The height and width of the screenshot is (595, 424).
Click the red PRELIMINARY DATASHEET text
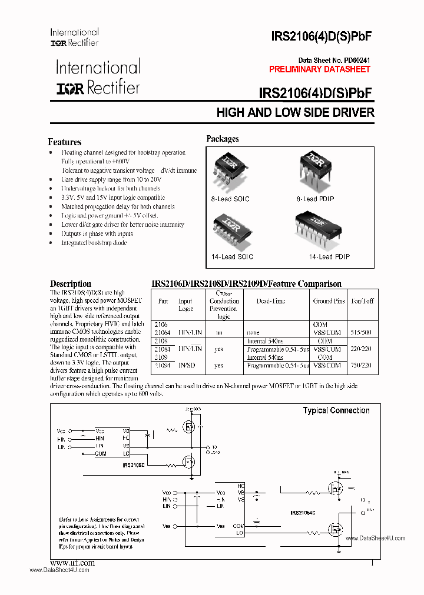pos(320,69)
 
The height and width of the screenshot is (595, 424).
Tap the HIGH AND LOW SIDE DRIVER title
pos(295,112)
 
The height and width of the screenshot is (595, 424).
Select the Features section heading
pos(64,142)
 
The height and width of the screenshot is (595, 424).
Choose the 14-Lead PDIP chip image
pos(317,228)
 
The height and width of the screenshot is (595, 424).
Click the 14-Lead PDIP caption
pos(329,257)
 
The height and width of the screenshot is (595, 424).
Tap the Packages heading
pos(222,139)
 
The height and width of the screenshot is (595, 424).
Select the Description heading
pos(70,284)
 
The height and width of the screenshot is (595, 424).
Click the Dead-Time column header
pos(271,301)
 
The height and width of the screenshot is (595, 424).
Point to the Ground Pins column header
pos(329,301)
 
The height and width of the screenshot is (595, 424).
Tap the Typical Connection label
pos(336,410)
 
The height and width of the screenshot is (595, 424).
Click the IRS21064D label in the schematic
pos(303,513)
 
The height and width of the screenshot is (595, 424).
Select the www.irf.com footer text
pos(72,563)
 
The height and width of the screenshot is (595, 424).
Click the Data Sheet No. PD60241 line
pos(334,60)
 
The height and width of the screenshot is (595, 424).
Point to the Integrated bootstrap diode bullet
pos(94,243)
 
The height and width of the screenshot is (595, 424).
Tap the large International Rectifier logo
pos(98,77)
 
